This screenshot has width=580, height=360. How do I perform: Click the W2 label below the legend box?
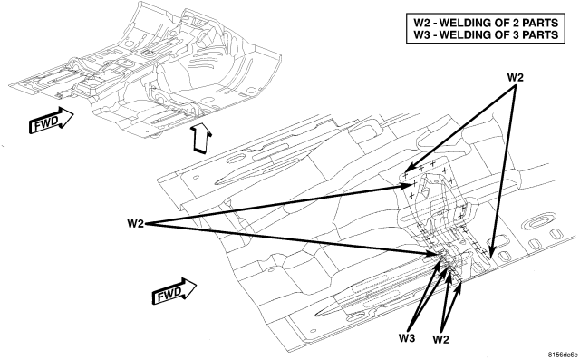(x=515, y=78)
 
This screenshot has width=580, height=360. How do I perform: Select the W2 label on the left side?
(x=135, y=224)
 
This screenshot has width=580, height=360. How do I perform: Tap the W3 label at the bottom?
(x=407, y=338)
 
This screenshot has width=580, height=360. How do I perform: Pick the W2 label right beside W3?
(x=441, y=339)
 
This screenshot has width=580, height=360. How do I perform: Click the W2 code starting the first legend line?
(x=421, y=23)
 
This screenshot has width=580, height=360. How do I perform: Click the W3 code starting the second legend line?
(x=421, y=34)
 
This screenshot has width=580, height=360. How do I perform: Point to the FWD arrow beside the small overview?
(x=51, y=121)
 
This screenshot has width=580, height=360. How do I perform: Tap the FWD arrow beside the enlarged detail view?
(x=174, y=291)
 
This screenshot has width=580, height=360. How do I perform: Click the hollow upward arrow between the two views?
(x=200, y=139)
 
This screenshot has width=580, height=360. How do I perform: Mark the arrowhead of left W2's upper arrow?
(x=409, y=187)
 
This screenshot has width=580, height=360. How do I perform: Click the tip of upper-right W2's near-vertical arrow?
(x=490, y=258)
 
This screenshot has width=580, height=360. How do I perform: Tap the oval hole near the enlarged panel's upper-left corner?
(x=236, y=161)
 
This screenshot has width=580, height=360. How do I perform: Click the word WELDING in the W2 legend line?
(x=463, y=23)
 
